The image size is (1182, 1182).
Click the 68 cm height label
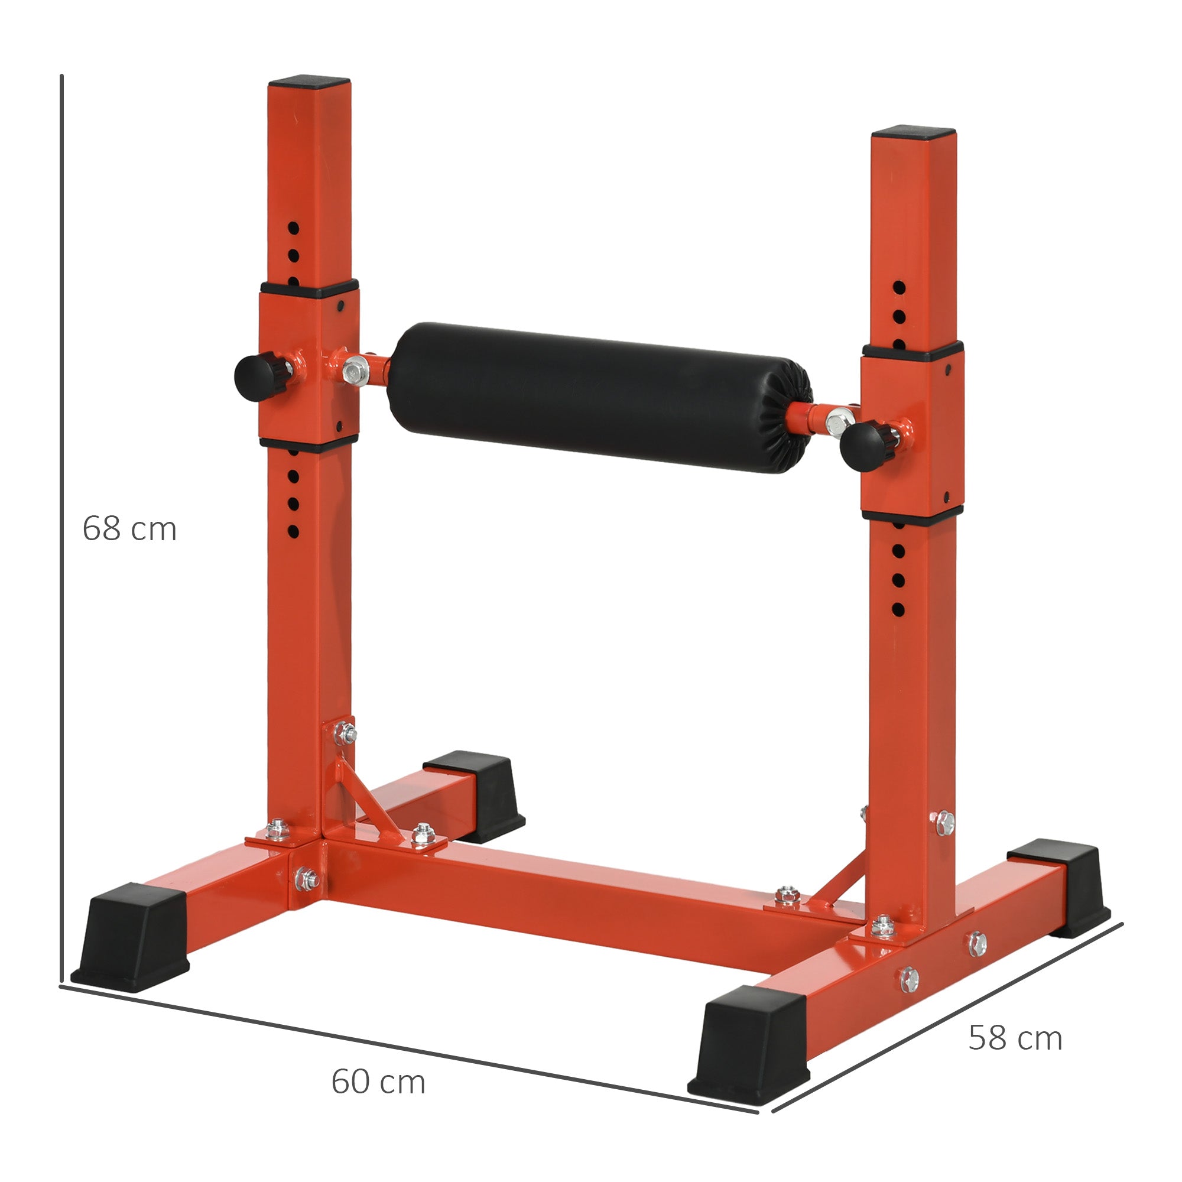129,528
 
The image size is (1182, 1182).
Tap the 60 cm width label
378,1081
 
